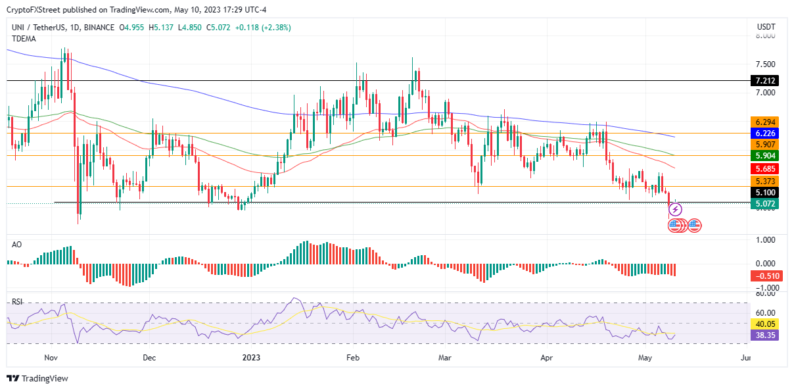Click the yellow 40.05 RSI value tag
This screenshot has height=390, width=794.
(764, 324)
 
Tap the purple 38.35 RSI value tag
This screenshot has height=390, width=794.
(764, 335)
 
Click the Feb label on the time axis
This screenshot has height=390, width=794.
(353, 358)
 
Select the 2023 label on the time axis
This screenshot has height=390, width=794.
(252, 358)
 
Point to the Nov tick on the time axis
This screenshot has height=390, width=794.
(52, 358)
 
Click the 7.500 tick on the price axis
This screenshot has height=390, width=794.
(765, 64)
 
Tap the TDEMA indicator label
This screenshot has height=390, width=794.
(24, 39)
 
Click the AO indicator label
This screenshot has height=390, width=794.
(16, 244)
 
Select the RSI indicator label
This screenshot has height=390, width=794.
(17, 302)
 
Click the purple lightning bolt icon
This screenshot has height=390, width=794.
(675, 210)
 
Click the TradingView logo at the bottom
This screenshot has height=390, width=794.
(37, 378)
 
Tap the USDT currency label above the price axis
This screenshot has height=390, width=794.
(766, 27)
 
